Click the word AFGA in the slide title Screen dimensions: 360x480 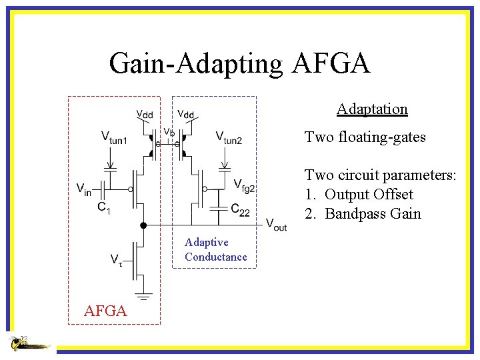(x=331, y=64)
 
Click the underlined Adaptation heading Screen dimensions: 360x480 (x=372, y=109)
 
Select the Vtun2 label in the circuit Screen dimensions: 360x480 (x=229, y=138)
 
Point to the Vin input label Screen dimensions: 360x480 (x=84, y=189)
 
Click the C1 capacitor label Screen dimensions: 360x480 (x=104, y=209)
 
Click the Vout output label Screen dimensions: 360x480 (x=276, y=225)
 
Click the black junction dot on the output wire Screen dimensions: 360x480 (x=143, y=226)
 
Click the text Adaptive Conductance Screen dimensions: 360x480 (x=215, y=249)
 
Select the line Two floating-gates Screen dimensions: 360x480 (x=365, y=137)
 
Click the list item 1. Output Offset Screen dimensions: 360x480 (x=359, y=194)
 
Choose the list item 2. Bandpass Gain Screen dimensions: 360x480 (x=363, y=213)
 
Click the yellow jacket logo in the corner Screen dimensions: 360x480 (x=27, y=343)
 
